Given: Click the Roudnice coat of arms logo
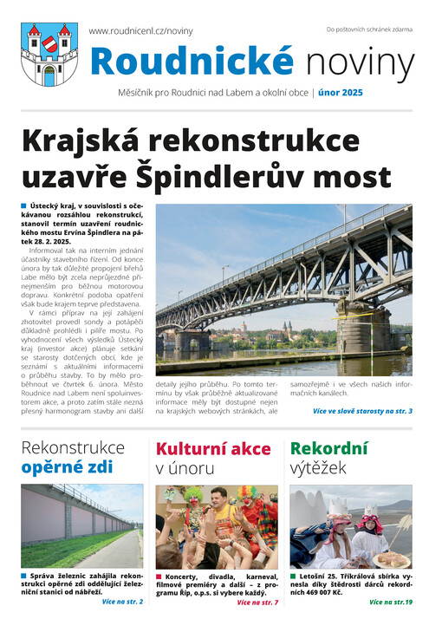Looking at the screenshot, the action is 49,54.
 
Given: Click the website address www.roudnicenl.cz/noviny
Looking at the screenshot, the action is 140,31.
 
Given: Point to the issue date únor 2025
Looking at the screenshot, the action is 340,92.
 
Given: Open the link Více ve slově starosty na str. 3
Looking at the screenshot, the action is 361,410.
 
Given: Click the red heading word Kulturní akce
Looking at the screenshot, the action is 212,448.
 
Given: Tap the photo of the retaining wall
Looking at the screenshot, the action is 82,525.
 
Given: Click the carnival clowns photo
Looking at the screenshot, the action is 217,525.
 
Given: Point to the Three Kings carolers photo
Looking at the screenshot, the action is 351,525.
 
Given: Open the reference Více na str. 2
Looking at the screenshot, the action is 122,601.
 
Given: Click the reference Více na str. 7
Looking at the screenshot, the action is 257,602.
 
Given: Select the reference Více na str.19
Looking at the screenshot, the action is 390,602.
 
